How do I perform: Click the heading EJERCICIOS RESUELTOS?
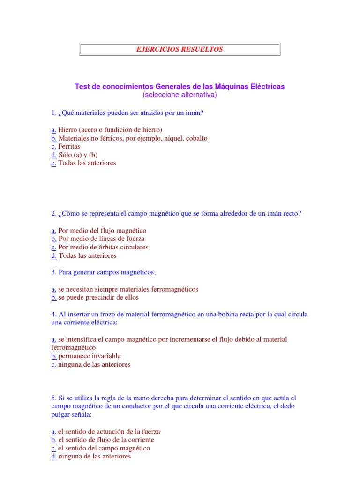pos(180,49)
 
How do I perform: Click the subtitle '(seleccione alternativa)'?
pos(180,95)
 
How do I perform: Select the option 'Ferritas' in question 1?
pos(69,146)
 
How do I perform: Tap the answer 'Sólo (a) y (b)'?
pos(78,155)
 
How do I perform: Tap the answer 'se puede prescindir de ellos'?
pos(98,297)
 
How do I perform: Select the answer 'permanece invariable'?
pos(90,356)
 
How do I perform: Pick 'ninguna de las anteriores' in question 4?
pos(94,365)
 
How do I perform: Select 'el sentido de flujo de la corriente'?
pos(106,440)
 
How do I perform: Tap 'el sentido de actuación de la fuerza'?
pos(109,432)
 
